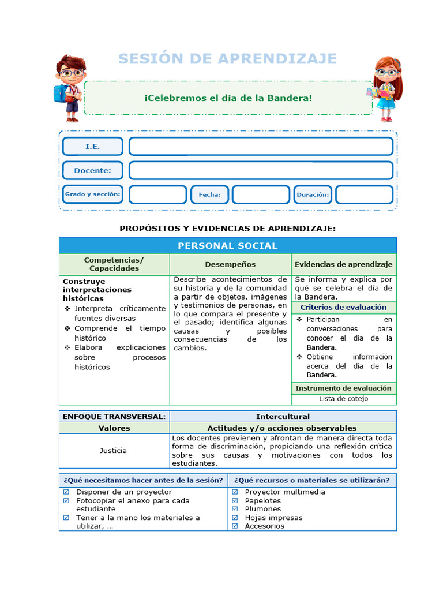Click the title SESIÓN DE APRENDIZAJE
click(227, 59)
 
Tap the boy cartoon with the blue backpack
click(70, 87)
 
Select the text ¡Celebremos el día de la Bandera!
click(228, 98)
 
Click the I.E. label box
click(92, 147)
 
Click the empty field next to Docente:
click(261, 170)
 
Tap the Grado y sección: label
click(92, 194)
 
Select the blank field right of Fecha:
click(261, 194)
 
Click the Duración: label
click(313, 194)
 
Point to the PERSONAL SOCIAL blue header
click(227, 246)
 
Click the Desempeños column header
click(230, 264)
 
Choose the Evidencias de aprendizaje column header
click(343, 264)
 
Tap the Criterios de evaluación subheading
click(343, 308)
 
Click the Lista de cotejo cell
click(343, 399)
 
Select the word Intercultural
click(283, 416)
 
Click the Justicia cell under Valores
click(114, 450)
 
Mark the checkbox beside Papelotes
click(235, 501)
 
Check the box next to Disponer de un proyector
click(66, 492)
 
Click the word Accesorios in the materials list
click(264, 526)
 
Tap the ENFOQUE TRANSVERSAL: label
click(114, 416)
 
